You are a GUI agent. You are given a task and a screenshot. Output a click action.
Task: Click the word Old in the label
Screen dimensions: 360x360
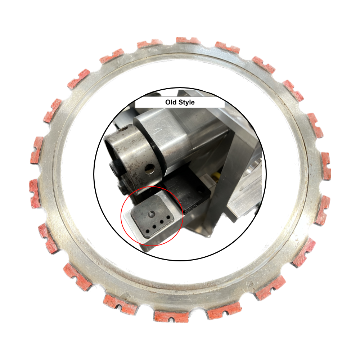point(171,103)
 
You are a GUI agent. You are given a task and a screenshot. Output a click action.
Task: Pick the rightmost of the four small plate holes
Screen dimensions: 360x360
point(168,217)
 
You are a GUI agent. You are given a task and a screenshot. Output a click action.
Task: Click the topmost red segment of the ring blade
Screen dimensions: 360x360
point(188,40)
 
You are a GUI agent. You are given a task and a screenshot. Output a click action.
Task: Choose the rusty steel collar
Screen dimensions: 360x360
point(130,151)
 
